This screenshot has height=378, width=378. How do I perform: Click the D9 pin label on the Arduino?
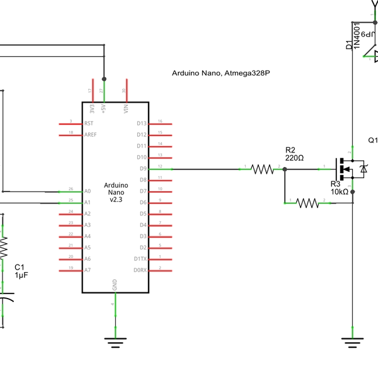pos(142,169)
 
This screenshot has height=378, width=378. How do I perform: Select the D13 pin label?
pos(141,123)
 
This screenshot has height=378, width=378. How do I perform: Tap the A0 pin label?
pos(88,191)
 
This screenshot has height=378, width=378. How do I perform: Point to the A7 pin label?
pos(88,270)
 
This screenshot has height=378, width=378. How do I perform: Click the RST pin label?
pos(89,123)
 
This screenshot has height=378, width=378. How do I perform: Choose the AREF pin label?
pos(90,135)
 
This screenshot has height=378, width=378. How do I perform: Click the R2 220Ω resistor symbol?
pos(260,169)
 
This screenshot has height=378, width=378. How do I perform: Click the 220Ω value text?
pos(294,158)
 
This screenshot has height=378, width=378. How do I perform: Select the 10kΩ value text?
pos(339,192)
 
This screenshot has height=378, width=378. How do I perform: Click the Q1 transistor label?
pos(372,140)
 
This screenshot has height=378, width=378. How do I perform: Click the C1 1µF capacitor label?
pos(21,271)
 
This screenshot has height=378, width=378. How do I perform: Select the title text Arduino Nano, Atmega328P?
pos(221,74)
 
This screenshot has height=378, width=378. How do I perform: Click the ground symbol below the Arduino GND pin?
pos(114,343)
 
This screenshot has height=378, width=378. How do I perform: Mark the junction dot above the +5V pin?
pos(103,79)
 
